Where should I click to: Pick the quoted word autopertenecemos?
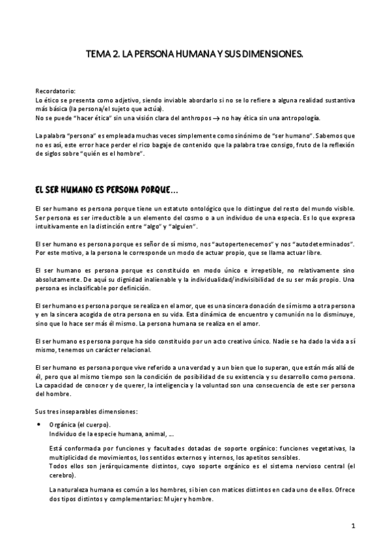tap(226, 244)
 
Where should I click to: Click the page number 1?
tap(352, 526)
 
